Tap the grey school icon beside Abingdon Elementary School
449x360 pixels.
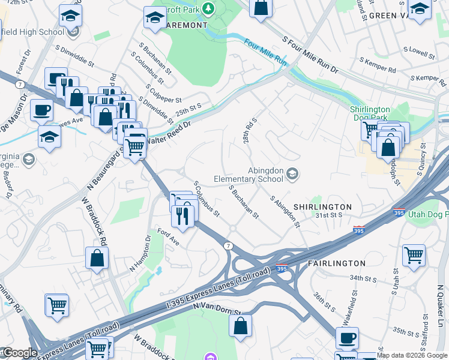(x=292, y=174)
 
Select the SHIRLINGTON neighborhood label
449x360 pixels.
(x=323, y=206)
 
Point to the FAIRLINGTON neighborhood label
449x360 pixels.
(x=336, y=263)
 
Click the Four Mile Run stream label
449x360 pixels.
(x=266, y=53)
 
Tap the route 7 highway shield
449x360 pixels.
(x=229, y=246)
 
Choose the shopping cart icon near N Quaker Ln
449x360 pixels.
(x=414, y=254)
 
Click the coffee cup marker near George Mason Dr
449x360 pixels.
(x=42, y=110)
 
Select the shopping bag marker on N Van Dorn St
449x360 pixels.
(x=240, y=326)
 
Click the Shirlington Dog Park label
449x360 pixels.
(x=370, y=113)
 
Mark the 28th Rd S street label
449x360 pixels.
(x=250, y=131)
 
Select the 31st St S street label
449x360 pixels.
(x=329, y=215)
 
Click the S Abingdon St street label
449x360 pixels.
(x=285, y=211)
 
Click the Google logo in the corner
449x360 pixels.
(x=19, y=353)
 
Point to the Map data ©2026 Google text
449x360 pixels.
(x=412, y=355)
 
